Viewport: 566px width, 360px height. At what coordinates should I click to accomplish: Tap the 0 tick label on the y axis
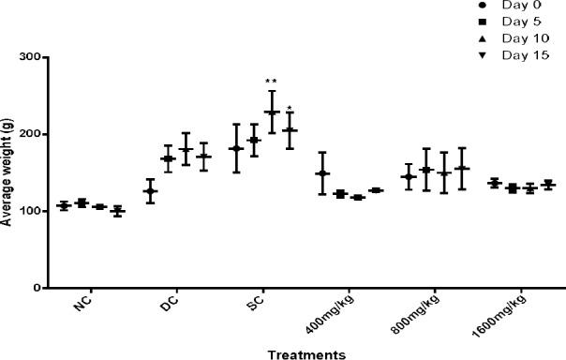click(x=41, y=289)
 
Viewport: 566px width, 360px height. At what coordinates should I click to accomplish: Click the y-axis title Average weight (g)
click(x=7, y=173)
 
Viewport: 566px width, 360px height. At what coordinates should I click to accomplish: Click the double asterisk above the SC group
click(x=270, y=82)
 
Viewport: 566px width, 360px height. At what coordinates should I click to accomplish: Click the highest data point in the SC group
click(x=272, y=112)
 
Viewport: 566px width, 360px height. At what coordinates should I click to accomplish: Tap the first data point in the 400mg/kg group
click(x=323, y=173)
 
